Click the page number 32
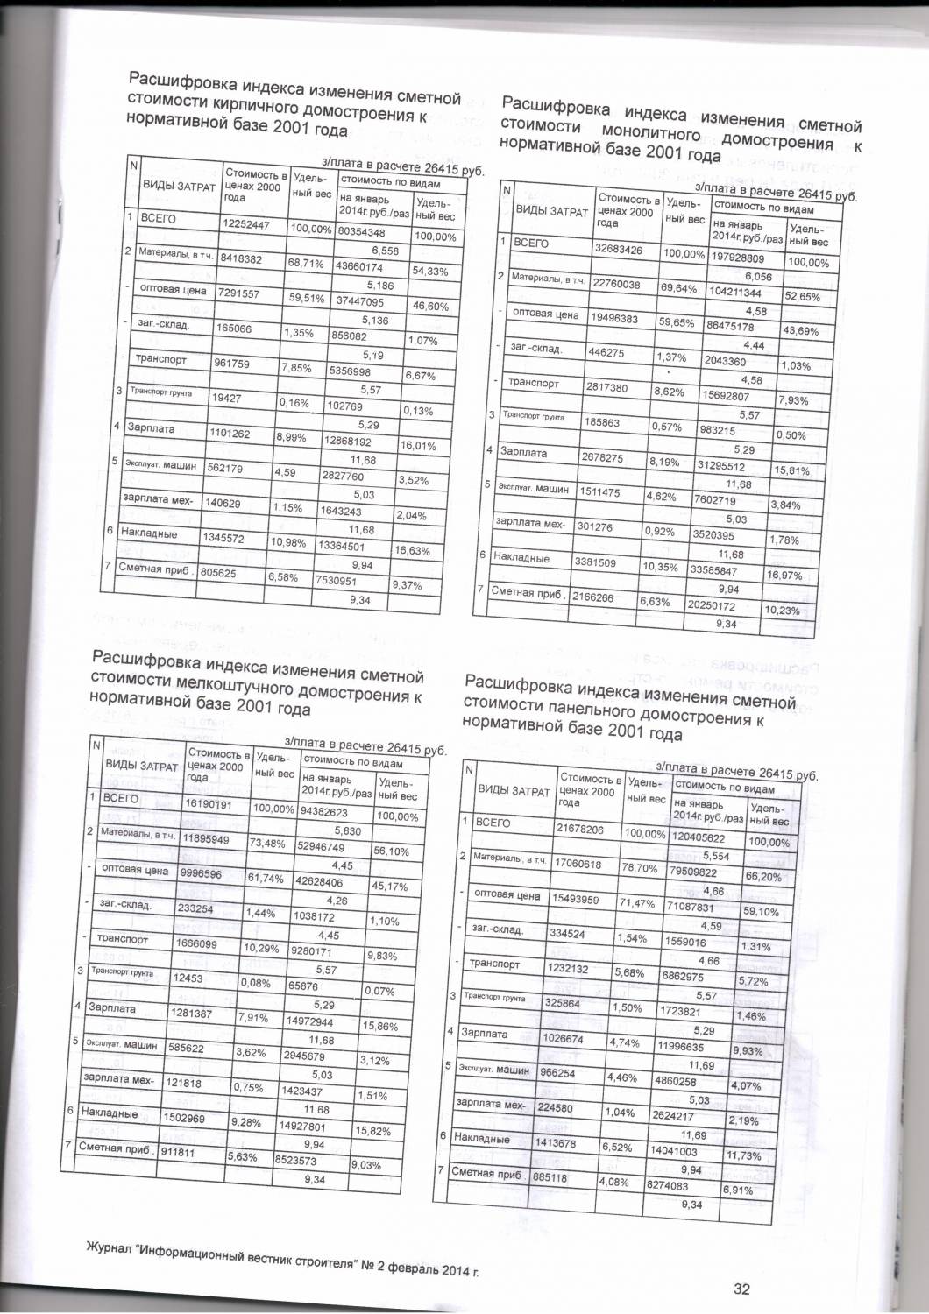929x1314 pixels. coord(741,1289)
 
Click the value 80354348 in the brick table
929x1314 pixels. coord(361,233)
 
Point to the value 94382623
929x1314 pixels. coord(324,812)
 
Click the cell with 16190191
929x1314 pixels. coord(208,803)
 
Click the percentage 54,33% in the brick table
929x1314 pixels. coord(429,272)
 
